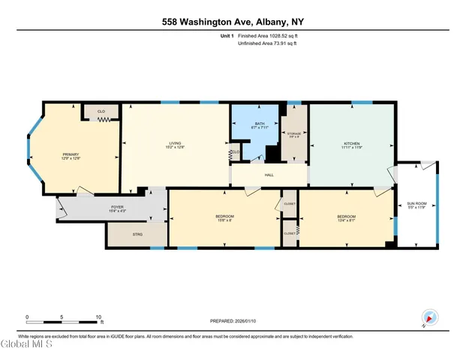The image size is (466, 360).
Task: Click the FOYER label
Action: [118, 208]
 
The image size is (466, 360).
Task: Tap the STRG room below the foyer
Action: [137, 235]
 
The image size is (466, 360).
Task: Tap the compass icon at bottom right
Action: [429, 318]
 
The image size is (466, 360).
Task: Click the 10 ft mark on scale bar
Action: [98, 316]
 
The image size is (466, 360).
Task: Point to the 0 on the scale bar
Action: [27, 316]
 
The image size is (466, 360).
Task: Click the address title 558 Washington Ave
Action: [233, 21]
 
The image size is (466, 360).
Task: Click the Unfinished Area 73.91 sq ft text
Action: [267, 43]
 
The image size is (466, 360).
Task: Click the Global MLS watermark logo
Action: [26, 345]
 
